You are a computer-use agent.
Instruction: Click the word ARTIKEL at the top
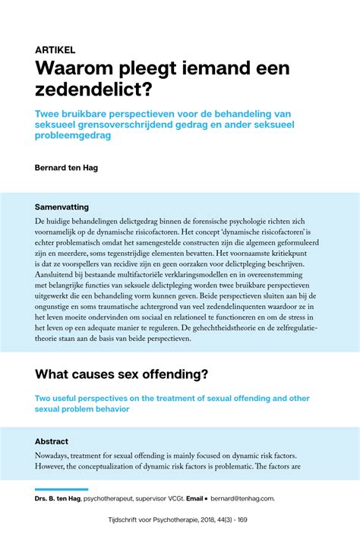(x=55, y=49)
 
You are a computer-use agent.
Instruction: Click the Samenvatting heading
(x=62, y=207)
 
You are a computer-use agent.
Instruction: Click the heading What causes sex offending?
(x=122, y=374)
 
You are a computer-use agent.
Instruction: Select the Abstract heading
(x=52, y=441)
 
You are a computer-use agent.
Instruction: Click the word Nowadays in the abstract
(x=55, y=456)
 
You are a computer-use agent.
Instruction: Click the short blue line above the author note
(x=62, y=489)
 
